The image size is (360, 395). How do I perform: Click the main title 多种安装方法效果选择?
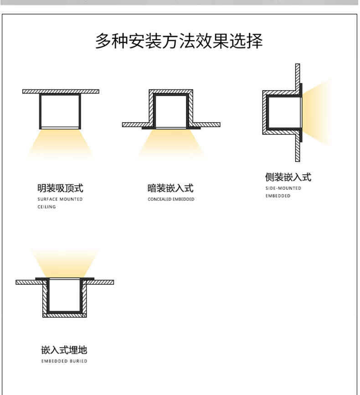pyautogui.click(x=179, y=41)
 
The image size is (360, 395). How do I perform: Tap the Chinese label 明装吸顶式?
pyautogui.click(x=60, y=188)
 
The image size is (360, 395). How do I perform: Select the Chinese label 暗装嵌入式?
pyautogui.click(x=171, y=188)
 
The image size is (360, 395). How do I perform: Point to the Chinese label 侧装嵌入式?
pyautogui.click(x=288, y=177)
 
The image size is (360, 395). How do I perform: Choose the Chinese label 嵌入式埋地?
pyautogui.click(x=64, y=350)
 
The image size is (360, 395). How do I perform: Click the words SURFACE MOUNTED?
pyautogui.click(x=60, y=199)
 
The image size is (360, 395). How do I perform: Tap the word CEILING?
pyautogui.click(x=46, y=207)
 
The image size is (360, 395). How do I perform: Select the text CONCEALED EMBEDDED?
pyautogui.click(x=171, y=199)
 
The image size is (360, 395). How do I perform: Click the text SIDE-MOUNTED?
pyautogui.click(x=283, y=188)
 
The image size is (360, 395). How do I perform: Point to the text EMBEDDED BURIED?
pyautogui.click(x=64, y=361)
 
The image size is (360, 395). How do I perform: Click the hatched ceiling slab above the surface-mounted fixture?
pyautogui.click(x=61, y=92)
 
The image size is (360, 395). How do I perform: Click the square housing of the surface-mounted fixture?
pyautogui.click(x=60, y=111)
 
